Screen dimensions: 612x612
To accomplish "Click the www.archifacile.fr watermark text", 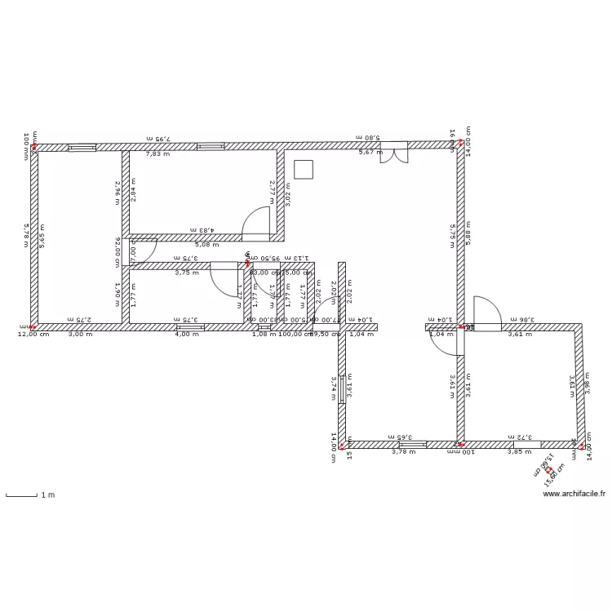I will point(574,494).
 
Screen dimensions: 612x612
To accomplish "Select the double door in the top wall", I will point(395,152).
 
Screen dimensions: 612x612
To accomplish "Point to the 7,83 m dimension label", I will point(158,153).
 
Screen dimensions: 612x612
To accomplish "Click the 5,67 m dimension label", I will point(371,153).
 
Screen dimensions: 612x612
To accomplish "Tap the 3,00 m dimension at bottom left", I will point(80,334).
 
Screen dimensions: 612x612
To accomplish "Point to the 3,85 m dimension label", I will point(520,451).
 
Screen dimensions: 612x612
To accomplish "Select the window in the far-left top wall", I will point(82,148).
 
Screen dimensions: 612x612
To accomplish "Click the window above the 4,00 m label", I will point(190,327).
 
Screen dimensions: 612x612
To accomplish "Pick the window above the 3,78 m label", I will point(412,445).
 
